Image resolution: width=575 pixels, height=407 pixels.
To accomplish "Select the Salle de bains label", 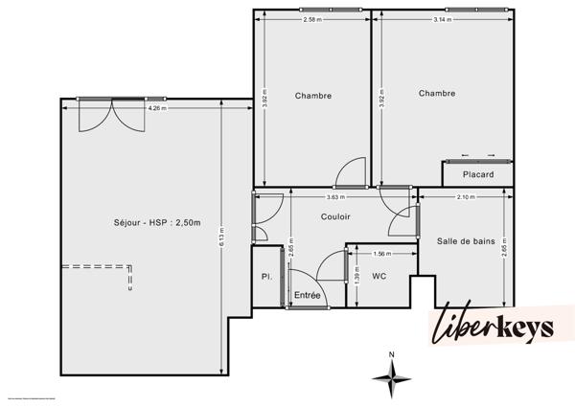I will click(465, 241).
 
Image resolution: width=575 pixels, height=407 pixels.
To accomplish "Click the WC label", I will click(379, 276).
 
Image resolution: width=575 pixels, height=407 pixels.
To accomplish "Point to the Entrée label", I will click(307, 295).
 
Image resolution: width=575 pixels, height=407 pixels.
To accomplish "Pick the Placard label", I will click(477, 174).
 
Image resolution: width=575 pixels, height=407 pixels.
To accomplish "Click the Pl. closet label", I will click(267, 277).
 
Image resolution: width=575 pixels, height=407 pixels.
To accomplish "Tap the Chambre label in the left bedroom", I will click(313, 95).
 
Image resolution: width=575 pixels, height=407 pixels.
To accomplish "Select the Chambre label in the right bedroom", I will click(437, 93).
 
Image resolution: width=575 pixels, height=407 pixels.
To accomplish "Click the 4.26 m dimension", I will click(155, 108).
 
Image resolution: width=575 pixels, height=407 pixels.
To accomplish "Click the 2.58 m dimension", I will click(310, 19).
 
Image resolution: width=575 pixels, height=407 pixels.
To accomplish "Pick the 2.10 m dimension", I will click(466, 197).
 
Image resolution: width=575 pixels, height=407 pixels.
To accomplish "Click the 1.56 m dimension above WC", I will click(380, 254).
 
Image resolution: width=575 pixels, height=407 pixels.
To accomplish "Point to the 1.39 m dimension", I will click(356, 278).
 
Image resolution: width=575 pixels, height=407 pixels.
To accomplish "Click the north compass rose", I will click(391, 377).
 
